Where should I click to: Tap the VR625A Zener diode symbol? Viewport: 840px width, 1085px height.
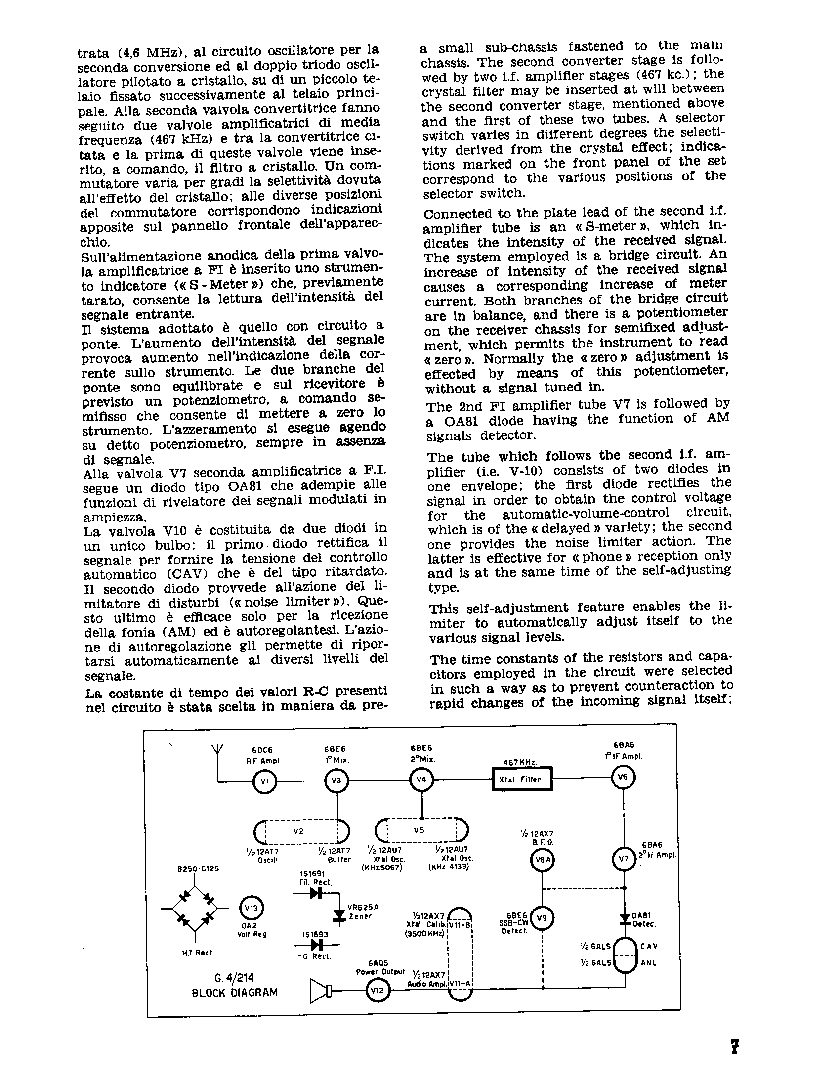point(340,914)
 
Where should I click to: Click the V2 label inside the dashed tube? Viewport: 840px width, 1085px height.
point(298,831)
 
